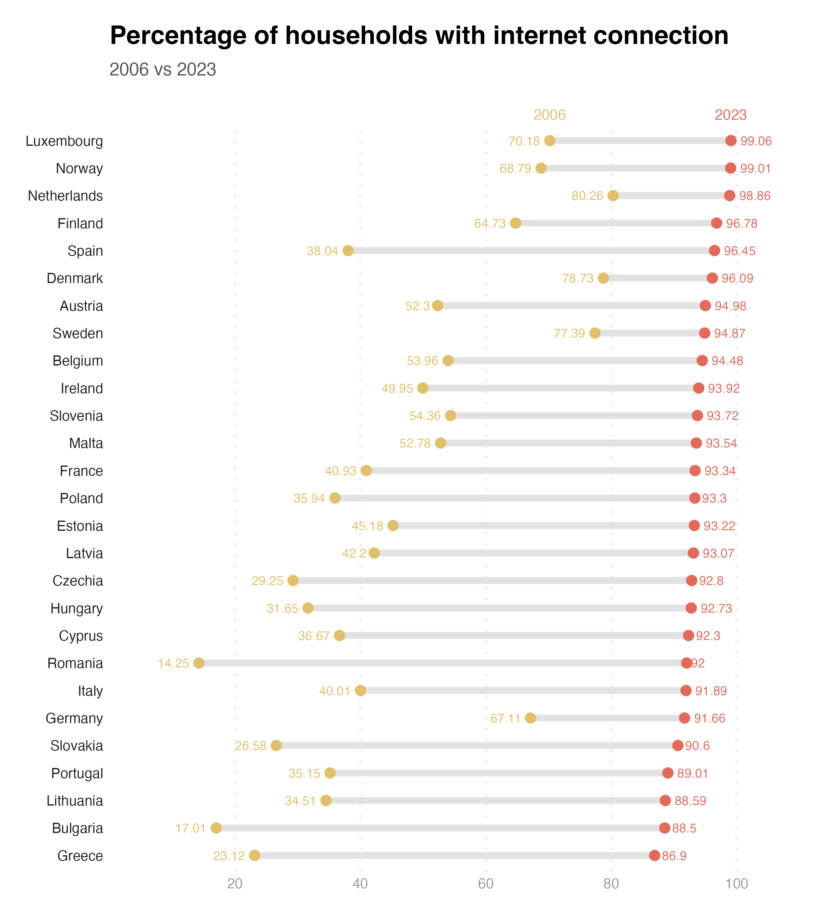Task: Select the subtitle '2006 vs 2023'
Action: (163, 69)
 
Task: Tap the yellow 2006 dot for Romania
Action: (199, 663)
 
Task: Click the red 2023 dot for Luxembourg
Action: (731, 141)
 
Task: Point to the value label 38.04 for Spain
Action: (322, 251)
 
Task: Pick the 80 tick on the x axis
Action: (611, 884)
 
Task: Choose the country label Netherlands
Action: (65, 196)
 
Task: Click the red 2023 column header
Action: (730, 115)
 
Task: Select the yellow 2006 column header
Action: (549, 115)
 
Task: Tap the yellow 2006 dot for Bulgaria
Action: (216, 828)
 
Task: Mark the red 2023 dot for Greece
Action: (654, 855)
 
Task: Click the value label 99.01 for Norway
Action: (755, 168)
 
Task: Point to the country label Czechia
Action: (78, 580)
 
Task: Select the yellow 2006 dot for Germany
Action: (530, 718)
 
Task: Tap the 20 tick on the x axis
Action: (235, 884)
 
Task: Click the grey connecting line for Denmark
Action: (657, 278)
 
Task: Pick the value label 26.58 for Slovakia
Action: (250, 746)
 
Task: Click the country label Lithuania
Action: (75, 800)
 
